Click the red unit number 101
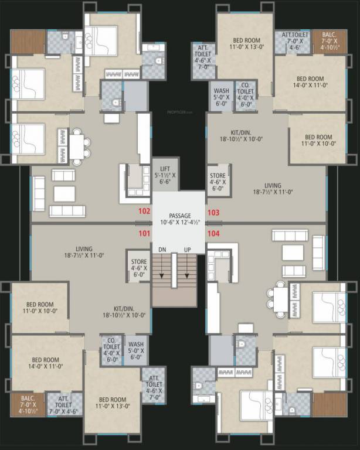pos(143,233)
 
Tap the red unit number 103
pos(213,213)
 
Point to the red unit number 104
pos(213,233)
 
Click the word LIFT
pos(165,169)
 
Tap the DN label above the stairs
pos(162,250)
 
